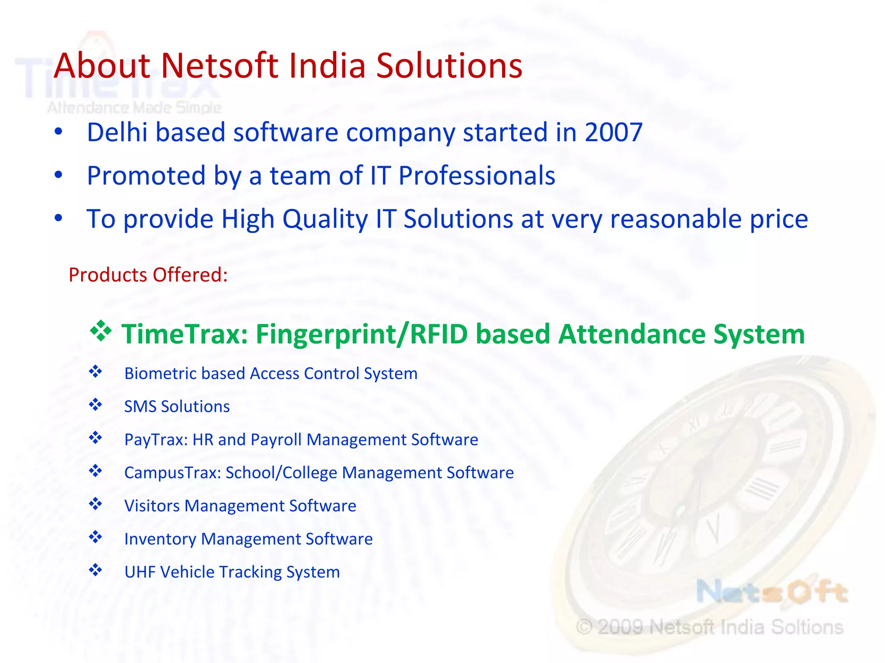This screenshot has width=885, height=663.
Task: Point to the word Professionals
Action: click(477, 176)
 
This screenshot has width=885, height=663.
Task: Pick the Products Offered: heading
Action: click(148, 275)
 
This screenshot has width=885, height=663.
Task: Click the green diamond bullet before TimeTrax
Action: click(101, 331)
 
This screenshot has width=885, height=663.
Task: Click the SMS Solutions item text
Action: click(177, 407)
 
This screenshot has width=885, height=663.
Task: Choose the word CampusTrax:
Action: click(172, 473)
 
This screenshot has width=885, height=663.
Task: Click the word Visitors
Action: click(152, 506)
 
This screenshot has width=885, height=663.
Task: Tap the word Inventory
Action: click(160, 539)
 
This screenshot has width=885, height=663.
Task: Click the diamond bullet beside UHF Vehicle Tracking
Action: click(96, 570)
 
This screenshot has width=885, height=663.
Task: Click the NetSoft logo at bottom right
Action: click(772, 592)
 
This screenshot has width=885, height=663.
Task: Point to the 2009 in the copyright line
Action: click(620, 627)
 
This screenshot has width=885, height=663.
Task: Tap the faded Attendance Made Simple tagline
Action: click(134, 107)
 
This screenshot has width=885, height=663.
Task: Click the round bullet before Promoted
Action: click(59, 175)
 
